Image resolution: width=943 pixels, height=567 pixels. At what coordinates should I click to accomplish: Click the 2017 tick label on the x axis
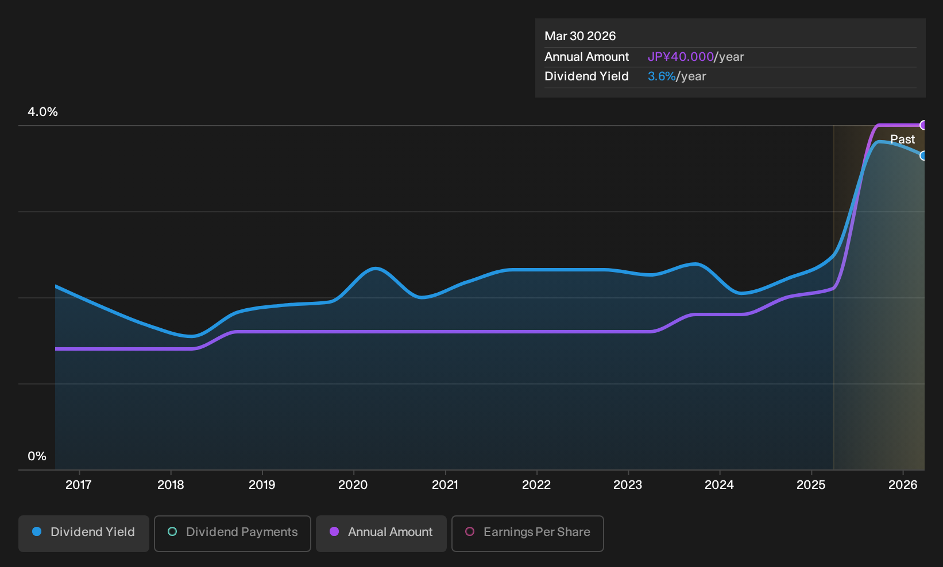coord(79,485)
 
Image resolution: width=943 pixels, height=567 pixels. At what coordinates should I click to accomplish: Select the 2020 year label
coord(353,485)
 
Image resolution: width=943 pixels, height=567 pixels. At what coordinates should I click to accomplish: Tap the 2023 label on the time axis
coord(628,485)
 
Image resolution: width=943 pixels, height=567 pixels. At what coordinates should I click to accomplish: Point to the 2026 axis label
coord(903,485)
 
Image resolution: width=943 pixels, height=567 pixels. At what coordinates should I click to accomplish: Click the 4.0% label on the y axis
coord(42,112)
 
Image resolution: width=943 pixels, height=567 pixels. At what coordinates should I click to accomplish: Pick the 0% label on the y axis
coord(37,456)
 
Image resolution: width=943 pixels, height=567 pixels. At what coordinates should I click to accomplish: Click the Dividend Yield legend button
coord(84,533)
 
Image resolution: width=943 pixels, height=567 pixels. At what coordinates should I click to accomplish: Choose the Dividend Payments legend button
coord(233,533)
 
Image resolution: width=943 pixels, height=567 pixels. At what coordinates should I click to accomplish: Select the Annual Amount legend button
coord(381,533)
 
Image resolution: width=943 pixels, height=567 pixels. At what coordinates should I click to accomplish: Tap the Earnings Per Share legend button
coord(527,533)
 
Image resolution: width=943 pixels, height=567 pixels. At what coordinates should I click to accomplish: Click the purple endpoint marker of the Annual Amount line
coord(923,125)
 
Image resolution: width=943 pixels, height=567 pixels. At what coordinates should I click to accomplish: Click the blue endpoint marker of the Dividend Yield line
coord(923,156)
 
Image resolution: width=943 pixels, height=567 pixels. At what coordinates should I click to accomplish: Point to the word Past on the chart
coord(903,139)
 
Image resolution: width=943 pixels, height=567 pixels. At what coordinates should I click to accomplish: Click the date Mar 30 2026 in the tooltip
coord(580,36)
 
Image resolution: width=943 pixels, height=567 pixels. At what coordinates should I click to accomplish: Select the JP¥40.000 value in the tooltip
coord(681,57)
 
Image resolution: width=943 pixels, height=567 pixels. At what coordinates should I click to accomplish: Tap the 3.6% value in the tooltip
coord(662,76)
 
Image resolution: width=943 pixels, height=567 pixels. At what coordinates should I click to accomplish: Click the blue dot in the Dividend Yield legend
coord(37,531)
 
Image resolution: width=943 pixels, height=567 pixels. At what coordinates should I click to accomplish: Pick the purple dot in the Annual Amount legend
coord(334,531)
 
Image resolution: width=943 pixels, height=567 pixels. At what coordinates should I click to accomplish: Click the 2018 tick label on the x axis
coord(171,485)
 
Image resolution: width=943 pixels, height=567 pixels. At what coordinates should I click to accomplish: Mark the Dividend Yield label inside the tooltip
coord(586,76)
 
